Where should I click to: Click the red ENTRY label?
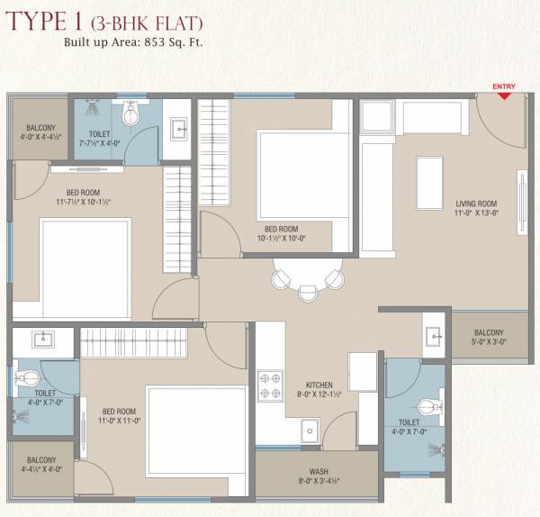504,86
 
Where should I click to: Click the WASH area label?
318,473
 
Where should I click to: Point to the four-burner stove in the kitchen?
271,385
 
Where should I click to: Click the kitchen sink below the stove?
310,430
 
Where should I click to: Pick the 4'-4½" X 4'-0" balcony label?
41,465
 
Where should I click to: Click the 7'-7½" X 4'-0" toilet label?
100,137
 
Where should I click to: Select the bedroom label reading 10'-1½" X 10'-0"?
281,234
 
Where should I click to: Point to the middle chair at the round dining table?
309,293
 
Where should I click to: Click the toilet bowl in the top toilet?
131,114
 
